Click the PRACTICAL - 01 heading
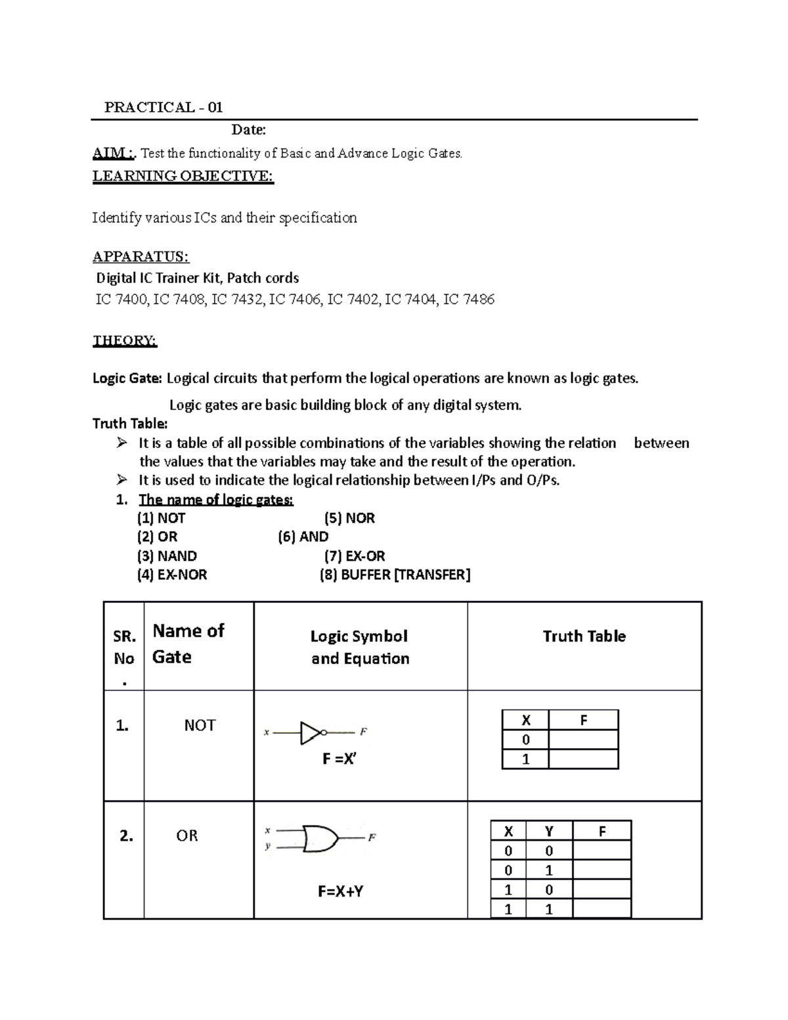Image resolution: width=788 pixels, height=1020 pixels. pyautogui.click(x=164, y=108)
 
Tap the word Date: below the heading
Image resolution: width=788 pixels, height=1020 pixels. pyautogui.click(x=248, y=130)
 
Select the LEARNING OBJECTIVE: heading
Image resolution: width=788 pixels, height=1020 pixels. pyautogui.click(x=183, y=176)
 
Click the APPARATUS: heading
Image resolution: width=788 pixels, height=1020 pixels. pyautogui.click(x=141, y=256)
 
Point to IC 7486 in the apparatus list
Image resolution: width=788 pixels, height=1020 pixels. pyautogui.click(x=469, y=300)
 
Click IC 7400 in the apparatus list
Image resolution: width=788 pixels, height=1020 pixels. pyautogui.click(x=122, y=300)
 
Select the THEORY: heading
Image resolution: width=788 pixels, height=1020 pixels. pyautogui.click(x=125, y=341)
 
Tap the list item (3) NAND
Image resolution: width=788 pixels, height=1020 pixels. pyautogui.click(x=167, y=556)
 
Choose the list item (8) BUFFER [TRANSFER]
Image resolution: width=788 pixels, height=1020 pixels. pyautogui.click(x=395, y=575)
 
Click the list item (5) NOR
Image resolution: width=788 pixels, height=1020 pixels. pyautogui.click(x=349, y=518)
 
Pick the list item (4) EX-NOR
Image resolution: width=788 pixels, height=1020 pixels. pyautogui.click(x=172, y=575)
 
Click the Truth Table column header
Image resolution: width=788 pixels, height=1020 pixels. pyautogui.click(x=584, y=636)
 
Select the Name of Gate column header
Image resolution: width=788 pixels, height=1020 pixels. pyautogui.click(x=188, y=644)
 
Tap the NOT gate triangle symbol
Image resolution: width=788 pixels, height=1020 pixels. pyautogui.click(x=311, y=732)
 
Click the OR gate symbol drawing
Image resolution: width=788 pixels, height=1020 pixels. pyautogui.click(x=320, y=839)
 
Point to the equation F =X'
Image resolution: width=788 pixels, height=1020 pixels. pyautogui.click(x=339, y=759)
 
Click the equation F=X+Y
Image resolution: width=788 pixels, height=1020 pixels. pyautogui.click(x=341, y=892)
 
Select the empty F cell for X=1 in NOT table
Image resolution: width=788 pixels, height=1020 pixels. pyautogui.click(x=583, y=760)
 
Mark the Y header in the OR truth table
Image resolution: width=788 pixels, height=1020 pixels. pyautogui.click(x=549, y=832)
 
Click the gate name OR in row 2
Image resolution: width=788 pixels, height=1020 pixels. pyautogui.click(x=187, y=836)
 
